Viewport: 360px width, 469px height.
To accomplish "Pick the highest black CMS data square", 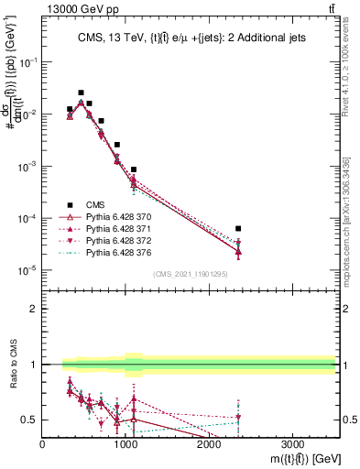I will (x=82, y=93).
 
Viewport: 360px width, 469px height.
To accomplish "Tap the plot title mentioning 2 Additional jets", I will (x=190, y=38).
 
